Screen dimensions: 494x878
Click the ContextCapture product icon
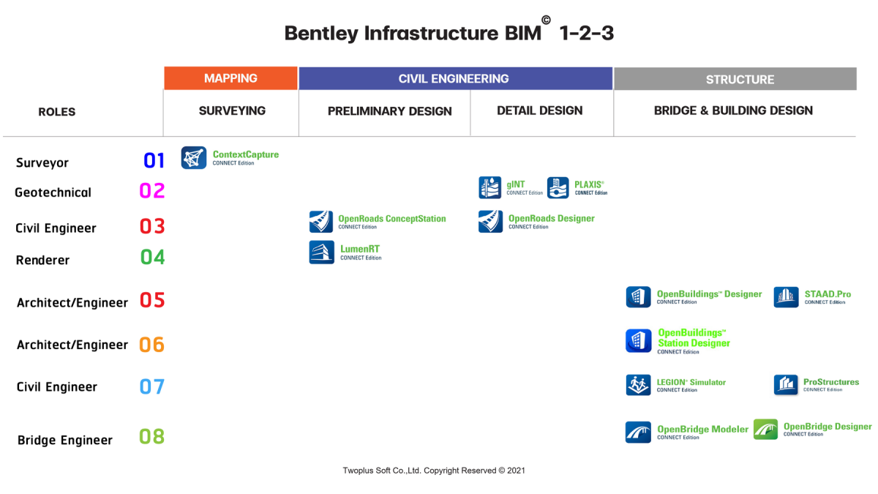click(x=194, y=157)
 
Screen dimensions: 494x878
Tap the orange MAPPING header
click(x=230, y=78)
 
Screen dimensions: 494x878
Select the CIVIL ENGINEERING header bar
click(x=454, y=78)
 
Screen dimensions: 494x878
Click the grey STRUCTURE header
click(x=735, y=79)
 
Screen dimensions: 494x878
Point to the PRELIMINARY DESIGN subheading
click(x=389, y=111)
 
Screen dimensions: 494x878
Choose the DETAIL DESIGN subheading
click(x=540, y=111)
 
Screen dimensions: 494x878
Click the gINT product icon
click(x=490, y=187)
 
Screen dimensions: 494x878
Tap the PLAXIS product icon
click(x=558, y=187)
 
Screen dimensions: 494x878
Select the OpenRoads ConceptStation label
click(x=391, y=219)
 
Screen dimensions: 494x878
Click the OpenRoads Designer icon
click(x=490, y=222)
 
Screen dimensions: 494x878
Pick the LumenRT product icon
click(x=321, y=252)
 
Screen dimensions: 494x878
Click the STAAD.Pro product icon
click(x=786, y=297)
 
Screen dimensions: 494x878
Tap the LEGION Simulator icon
click(x=638, y=385)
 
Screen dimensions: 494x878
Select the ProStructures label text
click(x=831, y=382)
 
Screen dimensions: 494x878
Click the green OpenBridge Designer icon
click(x=765, y=429)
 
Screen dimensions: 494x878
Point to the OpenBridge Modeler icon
click(x=638, y=432)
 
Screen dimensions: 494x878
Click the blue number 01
click(x=154, y=160)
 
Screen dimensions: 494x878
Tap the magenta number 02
click(x=152, y=191)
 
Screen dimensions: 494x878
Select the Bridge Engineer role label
click(x=65, y=441)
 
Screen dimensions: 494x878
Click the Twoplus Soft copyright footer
click(x=434, y=471)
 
